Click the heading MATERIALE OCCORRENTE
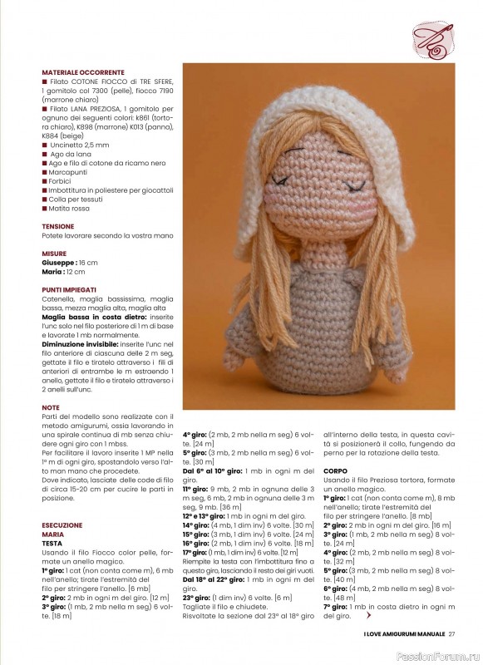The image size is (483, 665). tap(83, 72)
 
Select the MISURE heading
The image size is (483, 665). tap(55, 254)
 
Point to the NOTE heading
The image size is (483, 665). tap(51, 408)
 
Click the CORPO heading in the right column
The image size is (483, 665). tap(336, 470)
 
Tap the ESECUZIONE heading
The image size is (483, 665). tap(63, 525)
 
